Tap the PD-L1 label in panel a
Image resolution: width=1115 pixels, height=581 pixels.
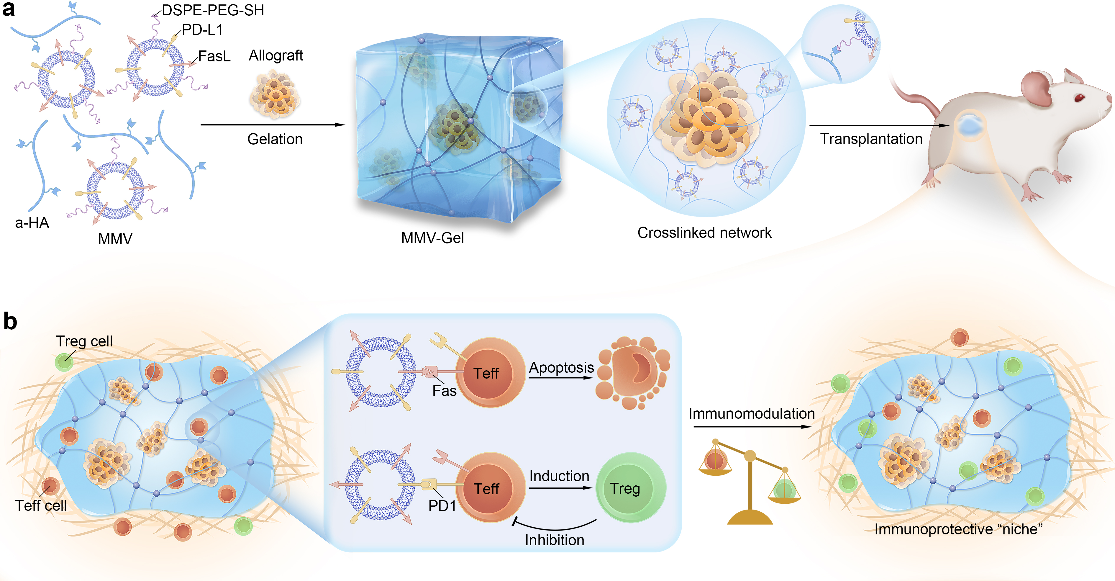pos(202,30)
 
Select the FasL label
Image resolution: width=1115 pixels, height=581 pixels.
pos(214,56)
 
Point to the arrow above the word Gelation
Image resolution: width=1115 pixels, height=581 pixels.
pos(273,125)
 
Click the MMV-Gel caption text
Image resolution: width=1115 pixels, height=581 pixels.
pos(432,238)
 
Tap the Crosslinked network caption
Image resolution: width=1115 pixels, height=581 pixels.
pos(704,233)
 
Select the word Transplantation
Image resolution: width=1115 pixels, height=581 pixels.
pos(871,139)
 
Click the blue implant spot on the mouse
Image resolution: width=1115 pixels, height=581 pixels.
pos(971,125)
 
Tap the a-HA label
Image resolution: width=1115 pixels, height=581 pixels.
pos(32,222)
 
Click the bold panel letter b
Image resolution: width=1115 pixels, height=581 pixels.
pos(10,322)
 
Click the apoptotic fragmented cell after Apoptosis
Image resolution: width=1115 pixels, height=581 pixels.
pos(633,372)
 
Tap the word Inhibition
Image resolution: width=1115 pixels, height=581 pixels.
pos(555,540)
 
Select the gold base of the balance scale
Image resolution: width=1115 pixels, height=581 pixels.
pos(750,517)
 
